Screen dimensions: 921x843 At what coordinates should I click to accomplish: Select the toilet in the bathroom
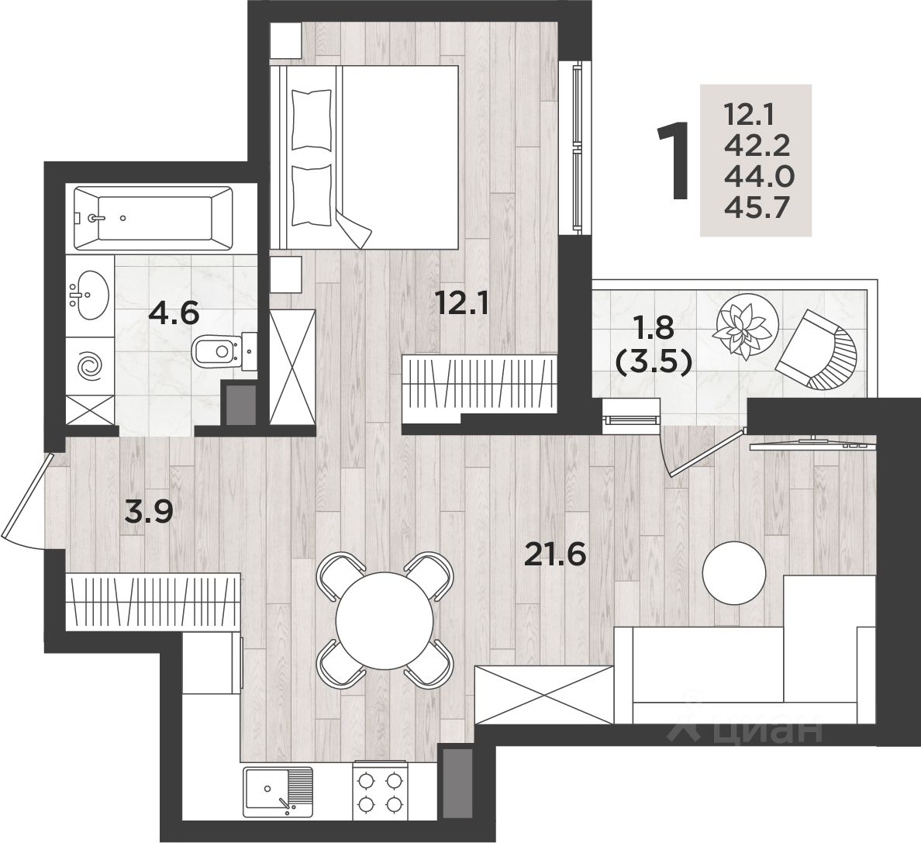click(224, 352)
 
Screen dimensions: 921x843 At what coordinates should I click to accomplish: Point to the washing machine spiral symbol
click(89, 365)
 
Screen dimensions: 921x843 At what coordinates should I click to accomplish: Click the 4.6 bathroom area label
click(174, 313)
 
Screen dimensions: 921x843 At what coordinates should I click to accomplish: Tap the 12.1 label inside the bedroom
click(463, 303)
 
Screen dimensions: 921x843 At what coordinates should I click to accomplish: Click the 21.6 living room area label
click(555, 553)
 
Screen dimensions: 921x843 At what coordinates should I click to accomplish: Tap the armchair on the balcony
click(820, 351)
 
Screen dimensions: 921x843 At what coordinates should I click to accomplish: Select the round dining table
click(385, 620)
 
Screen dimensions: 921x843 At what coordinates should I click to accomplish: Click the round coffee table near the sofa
click(735, 571)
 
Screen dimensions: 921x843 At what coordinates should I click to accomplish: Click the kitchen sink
click(278, 792)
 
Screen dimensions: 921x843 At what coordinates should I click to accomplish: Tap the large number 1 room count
click(673, 161)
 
